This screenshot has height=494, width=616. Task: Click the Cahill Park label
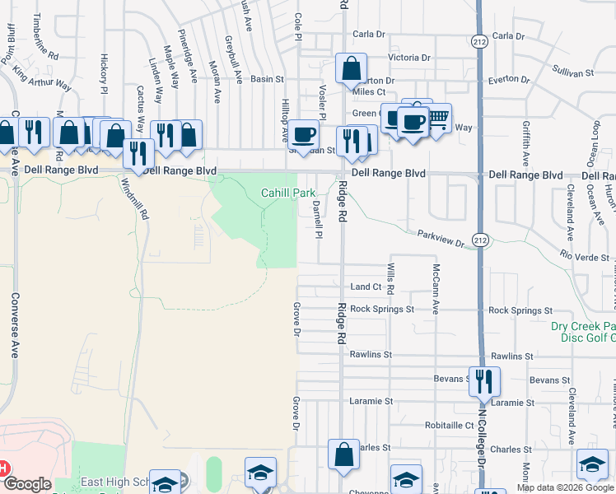click(288, 193)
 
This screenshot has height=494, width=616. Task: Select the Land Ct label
click(366, 287)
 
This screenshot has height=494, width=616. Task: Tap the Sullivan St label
click(573, 73)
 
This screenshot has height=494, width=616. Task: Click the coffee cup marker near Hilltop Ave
click(304, 134)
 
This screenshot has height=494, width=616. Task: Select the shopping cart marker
click(438, 119)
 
